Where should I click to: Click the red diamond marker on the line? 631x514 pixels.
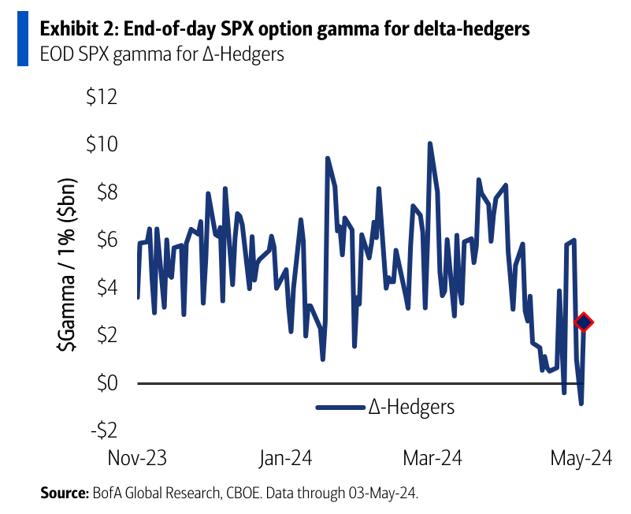(584, 322)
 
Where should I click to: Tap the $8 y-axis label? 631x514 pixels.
(106, 193)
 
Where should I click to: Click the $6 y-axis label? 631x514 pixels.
(106, 240)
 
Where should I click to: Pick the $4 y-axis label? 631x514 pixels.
(106, 288)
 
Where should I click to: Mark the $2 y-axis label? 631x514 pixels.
(106, 336)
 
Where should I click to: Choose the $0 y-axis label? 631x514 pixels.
(106, 383)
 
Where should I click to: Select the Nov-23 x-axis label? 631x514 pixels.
(139, 460)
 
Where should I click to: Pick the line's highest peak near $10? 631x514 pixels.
(429, 143)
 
